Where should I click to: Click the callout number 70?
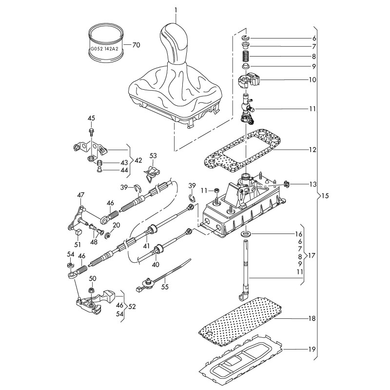[136, 45]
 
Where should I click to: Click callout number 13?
[312, 185]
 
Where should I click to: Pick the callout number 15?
[326, 196]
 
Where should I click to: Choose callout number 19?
[312, 350]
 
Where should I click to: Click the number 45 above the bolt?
[91, 118]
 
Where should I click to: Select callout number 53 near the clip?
[153, 156]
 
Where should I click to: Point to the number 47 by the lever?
[80, 195]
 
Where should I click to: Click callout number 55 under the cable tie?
[165, 287]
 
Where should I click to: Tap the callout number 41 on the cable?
[146, 247]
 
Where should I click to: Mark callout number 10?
[312, 79]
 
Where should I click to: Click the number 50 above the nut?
[93, 278]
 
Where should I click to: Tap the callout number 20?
[116, 225]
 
